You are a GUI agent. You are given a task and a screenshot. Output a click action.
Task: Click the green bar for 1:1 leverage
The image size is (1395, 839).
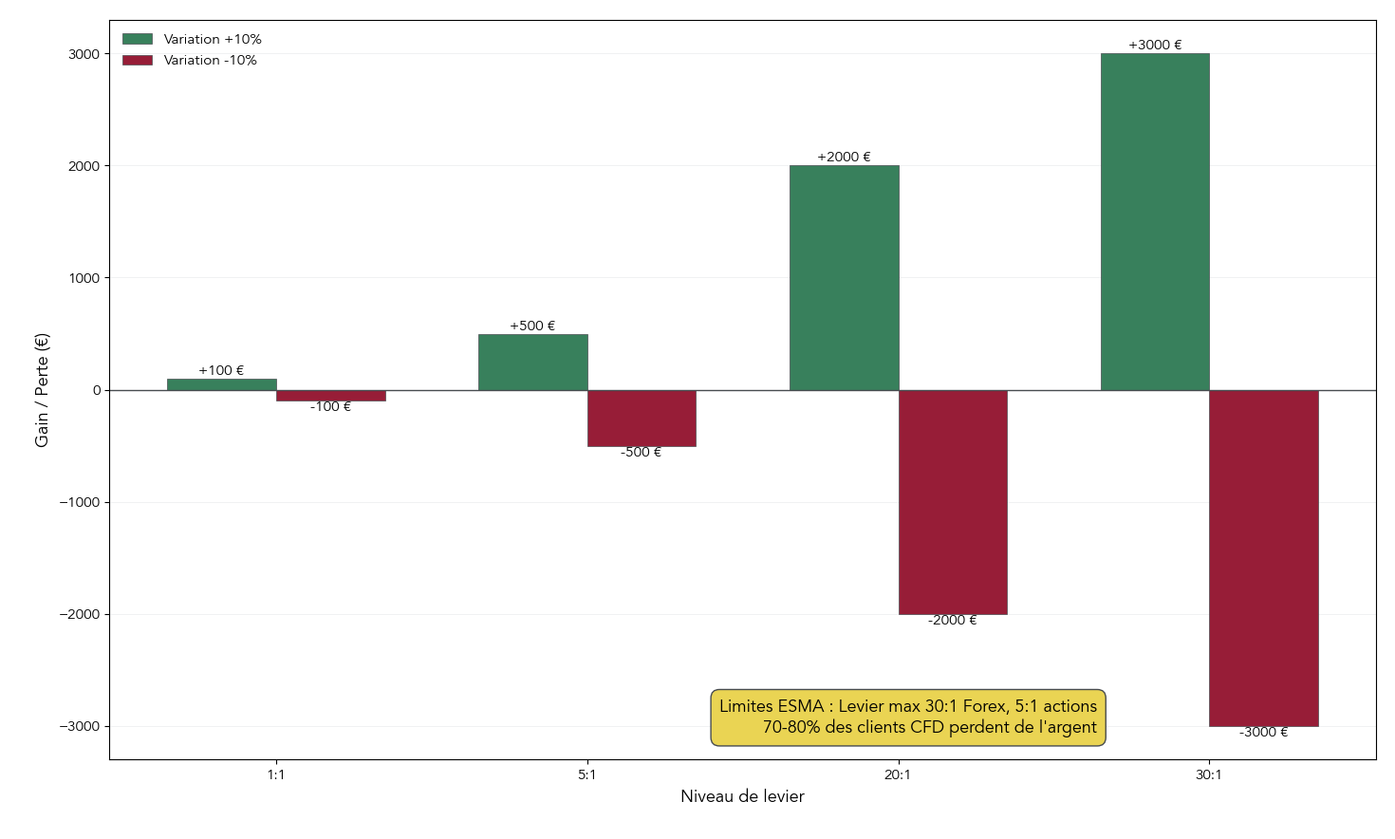[x=221, y=384]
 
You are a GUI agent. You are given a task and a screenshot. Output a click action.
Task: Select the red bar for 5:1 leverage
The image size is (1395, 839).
[x=642, y=418]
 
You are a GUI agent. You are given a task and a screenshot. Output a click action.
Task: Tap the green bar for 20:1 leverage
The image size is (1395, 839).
[x=844, y=278]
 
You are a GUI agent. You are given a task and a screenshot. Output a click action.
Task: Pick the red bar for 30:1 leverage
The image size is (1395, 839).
[x=1263, y=558]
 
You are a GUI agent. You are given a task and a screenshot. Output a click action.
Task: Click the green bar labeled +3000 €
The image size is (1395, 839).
[x=1155, y=222]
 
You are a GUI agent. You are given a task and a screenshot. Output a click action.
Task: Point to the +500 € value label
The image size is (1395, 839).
[x=532, y=326]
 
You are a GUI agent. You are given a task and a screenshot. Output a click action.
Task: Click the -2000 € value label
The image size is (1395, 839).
[x=952, y=620]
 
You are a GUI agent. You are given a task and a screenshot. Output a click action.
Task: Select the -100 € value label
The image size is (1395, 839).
[x=330, y=406]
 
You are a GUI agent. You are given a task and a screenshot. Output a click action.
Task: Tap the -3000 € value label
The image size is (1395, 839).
[x=1263, y=732]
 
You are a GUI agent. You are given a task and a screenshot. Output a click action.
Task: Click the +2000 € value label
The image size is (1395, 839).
[x=844, y=157]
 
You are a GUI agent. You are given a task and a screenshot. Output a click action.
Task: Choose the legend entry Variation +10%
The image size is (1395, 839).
[x=212, y=39]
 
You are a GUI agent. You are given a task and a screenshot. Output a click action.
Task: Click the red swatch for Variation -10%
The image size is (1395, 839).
[x=138, y=60]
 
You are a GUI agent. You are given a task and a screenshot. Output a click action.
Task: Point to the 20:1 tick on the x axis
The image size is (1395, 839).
[x=898, y=774]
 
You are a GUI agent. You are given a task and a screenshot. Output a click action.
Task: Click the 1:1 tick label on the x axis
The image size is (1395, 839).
[x=276, y=774]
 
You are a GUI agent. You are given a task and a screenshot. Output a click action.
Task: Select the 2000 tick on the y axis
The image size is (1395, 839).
[x=84, y=166]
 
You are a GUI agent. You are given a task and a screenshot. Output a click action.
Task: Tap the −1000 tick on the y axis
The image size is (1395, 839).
[x=80, y=502]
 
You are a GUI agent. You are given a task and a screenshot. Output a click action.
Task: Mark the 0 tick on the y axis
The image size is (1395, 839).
[x=97, y=390]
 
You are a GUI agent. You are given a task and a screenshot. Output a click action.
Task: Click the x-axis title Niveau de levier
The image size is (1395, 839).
[x=742, y=796]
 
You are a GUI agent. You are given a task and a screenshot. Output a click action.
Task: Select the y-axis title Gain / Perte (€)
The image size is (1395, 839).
[x=42, y=390]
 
